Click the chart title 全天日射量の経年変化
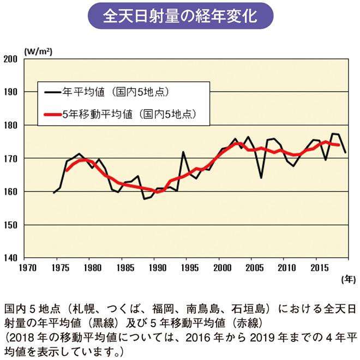click(x=180, y=16)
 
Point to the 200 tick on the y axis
click(x=11, y=59)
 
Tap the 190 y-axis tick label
click(x=11, y=92)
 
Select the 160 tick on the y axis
click(x=11, y=192)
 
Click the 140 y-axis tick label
click(x=11, y=258)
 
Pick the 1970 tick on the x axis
click(x=28, y=268)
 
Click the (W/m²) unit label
click(x=38, y=51)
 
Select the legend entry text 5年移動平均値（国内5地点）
click(x=129, y=115)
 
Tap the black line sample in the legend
click(x=52, y=92)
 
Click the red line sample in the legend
click(x=52, y=115)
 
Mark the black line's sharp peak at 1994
click(x=183, y=152)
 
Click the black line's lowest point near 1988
click(x=145, y=199)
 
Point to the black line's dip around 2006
click(x=261, y=178)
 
